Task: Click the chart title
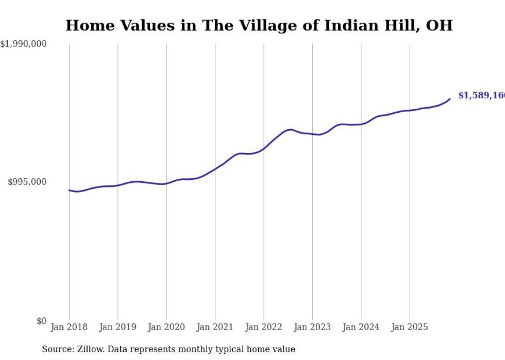[259, 25]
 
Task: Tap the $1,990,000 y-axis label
[24, 44]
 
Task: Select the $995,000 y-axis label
[27, 182]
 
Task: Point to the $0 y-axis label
[41, 321]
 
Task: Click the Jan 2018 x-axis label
[69, 327]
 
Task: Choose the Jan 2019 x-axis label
[117, 327]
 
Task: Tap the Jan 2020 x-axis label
[166, 327]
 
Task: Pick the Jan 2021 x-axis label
[215, 327]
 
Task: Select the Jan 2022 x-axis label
[264, 327]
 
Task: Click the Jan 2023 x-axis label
[312, 327]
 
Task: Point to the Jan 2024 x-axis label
[361, 327]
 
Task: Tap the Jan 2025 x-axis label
[410, 327]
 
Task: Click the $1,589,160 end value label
[481, 96]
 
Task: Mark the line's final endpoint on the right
[450, 99]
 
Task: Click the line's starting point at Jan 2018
[69, 190]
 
